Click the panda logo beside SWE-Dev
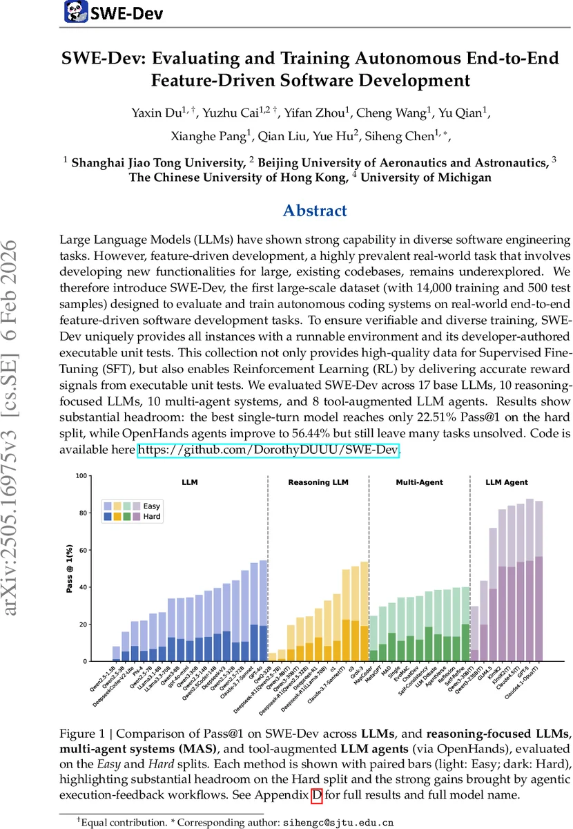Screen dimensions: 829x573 point(73,12)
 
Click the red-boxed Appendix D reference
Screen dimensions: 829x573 point(316,794)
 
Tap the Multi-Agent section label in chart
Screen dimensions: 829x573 point(419,482)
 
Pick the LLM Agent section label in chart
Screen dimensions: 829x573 point(506,482)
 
